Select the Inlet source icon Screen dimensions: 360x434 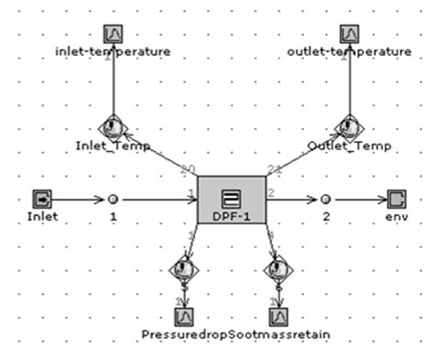click(x=42, y=198)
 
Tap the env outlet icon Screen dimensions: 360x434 click(x=396, y=198)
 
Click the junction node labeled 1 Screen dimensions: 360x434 click(x=113, y=198)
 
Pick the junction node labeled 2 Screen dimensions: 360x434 click(x=325, y=198)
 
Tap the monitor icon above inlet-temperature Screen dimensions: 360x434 click(x=113, y=34)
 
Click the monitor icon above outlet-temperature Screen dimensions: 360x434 click(x=348, y=34)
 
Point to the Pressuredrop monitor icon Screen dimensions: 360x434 click(x=182, y=315)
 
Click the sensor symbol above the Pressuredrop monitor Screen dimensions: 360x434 click(x=182, y=269)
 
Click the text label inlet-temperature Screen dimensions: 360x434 click(x=113, y=52)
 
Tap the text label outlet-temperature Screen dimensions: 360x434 click(x=348, y=52)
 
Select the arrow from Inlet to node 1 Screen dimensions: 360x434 click(x=78, y=198)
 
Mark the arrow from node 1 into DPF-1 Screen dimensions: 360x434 click(x=157, y=198)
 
